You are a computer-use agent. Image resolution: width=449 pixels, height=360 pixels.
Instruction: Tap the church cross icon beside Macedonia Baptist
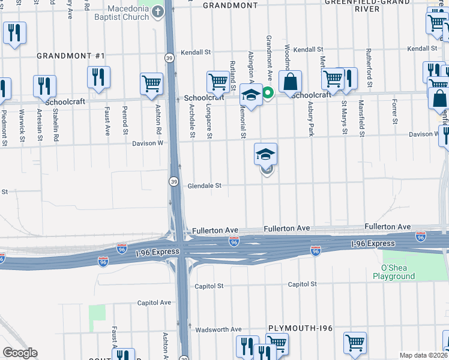point(158,11)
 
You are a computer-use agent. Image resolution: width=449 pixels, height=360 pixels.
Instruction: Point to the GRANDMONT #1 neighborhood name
point(71,56)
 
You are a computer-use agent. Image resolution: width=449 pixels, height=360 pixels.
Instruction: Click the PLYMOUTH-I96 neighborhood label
point(300,328)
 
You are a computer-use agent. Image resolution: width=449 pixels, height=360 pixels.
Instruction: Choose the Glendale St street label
point(205,186)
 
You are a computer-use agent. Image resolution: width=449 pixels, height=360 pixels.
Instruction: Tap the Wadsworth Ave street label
point(218,329)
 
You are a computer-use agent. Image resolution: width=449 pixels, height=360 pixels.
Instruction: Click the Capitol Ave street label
point(154,303)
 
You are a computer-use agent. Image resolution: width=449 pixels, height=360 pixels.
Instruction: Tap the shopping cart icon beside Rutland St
point(218,82)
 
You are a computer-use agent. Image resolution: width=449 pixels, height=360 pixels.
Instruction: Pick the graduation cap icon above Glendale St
point(265,154)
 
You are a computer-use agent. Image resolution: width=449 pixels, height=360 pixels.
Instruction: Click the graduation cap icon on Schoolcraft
point(250,94)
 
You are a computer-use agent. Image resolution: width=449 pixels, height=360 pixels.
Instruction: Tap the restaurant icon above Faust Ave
point(98,76)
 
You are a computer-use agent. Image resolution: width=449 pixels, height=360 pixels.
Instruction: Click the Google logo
point(20,353)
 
